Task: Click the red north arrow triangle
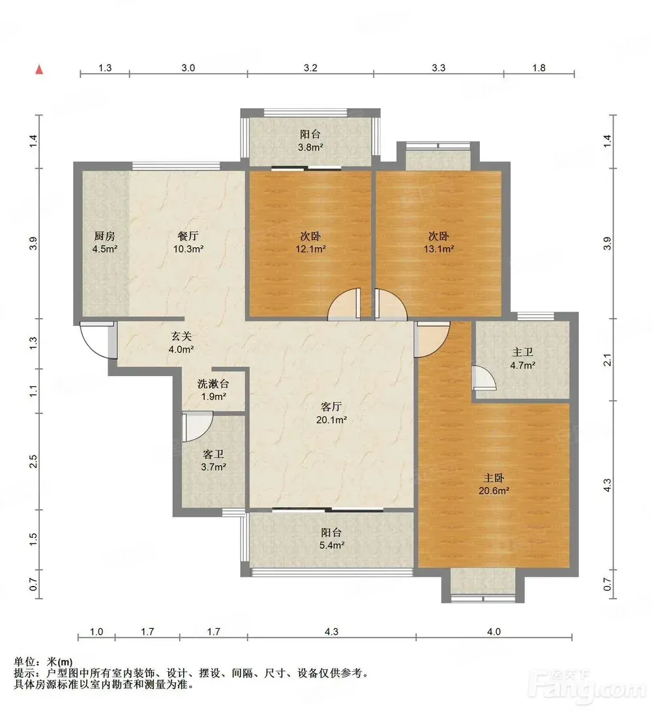40,69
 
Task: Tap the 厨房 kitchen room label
104,236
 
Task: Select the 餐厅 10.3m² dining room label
188,242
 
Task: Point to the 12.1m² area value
311,249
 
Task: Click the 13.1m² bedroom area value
439,249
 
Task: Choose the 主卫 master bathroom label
523,353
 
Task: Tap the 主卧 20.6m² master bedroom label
494,484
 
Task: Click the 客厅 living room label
331,407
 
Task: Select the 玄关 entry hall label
181,336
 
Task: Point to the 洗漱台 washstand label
213,384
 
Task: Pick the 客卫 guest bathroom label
213,454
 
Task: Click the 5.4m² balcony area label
332,545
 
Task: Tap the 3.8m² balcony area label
310,147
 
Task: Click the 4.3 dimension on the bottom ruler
332,631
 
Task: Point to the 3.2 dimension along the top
310,68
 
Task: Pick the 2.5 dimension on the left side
33,461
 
